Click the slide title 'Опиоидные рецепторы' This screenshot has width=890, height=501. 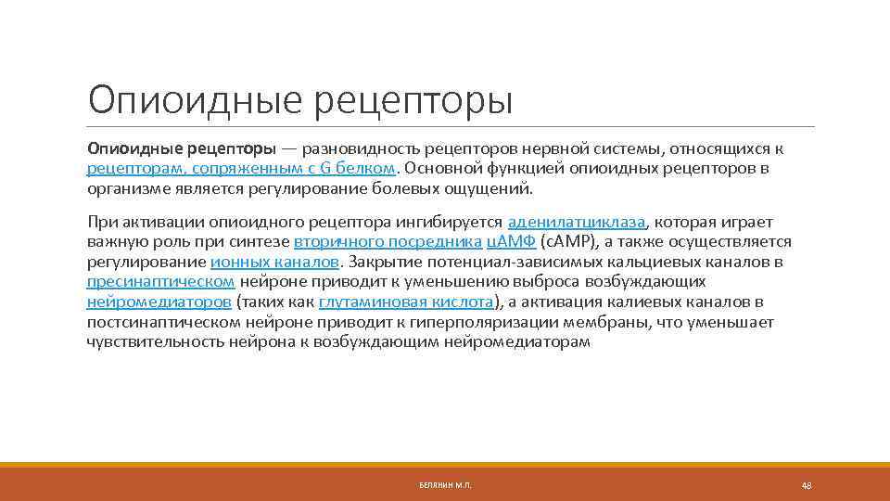coord(299,99)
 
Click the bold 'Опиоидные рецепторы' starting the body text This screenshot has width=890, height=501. coord(181,148)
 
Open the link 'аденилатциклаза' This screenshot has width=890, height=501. coord(576,223)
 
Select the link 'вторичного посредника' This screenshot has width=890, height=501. coord(387,242)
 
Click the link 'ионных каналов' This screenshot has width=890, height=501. coord(274,263)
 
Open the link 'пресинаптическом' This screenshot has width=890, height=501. coord(160,282)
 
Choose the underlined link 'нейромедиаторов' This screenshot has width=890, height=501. coord(159,302)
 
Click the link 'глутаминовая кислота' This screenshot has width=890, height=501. coord(406,302)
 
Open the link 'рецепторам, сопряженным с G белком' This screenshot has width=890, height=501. coord(241,169)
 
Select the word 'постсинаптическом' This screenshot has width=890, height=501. coord(162,322)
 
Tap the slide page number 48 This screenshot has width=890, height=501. coord(806,486)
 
